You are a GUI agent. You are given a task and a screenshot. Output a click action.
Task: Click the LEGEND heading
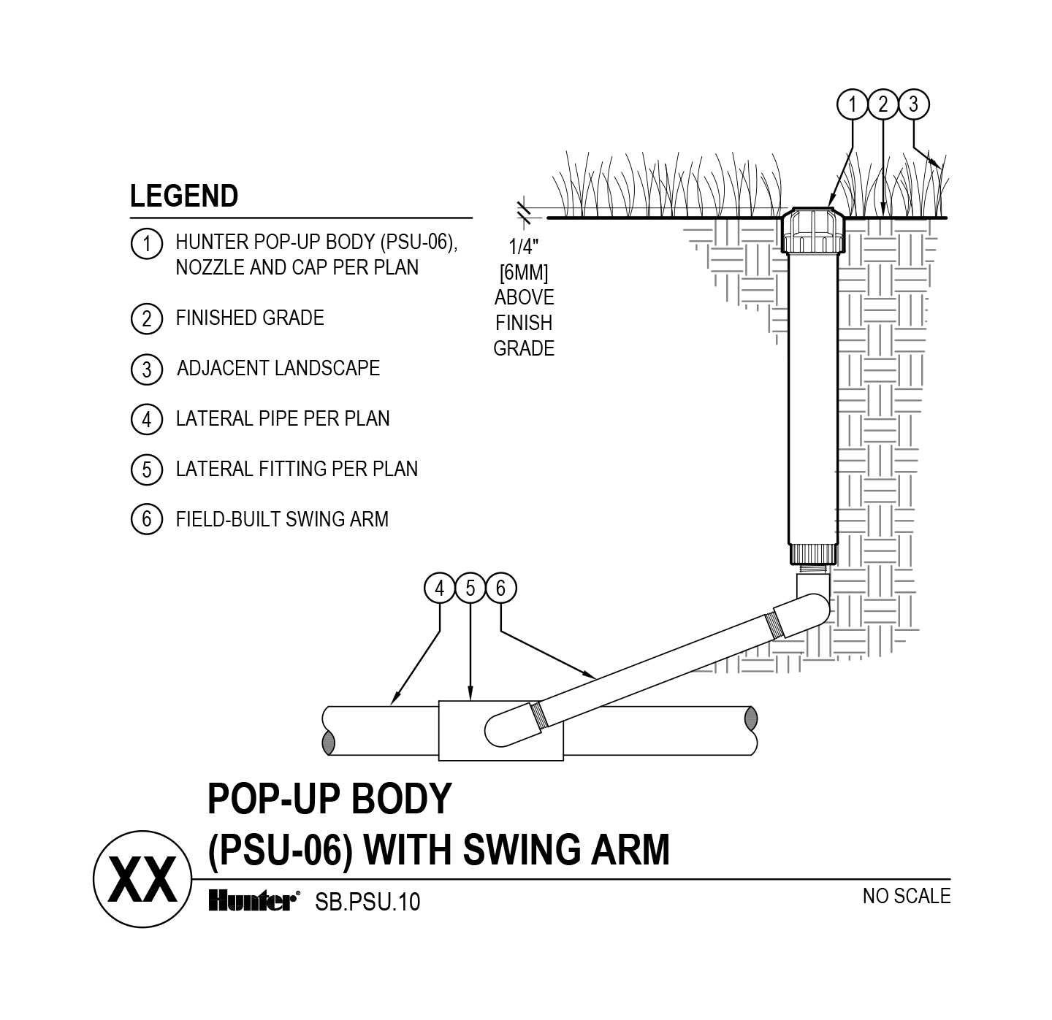[184, 196]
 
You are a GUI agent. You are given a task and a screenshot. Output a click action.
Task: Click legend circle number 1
[146, 243]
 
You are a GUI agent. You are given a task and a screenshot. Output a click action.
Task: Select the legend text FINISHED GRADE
[250, 318]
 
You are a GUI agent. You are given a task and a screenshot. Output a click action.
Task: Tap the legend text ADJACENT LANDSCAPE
[278, 368]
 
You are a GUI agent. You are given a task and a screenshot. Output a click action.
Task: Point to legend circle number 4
[146, 419]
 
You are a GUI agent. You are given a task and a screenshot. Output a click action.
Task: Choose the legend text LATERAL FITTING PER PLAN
[297, 469]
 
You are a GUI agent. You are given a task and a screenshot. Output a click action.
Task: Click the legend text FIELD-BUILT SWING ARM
[282, 519]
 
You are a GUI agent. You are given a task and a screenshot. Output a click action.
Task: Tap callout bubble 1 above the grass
[853, 104]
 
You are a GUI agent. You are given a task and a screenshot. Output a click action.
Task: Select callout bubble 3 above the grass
[913, 104]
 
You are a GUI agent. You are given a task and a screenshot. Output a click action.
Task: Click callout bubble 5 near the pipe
[470, 588]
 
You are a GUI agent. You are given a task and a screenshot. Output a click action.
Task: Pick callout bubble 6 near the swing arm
[501, 588]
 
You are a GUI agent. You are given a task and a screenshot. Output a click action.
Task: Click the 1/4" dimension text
[523, 248]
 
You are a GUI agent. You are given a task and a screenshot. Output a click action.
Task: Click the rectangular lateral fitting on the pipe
[460, 730]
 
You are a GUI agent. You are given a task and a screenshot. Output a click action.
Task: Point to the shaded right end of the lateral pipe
[750, 721]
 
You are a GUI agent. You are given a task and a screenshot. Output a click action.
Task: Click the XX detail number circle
[142, 880]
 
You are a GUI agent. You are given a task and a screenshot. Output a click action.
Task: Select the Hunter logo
[252, 901]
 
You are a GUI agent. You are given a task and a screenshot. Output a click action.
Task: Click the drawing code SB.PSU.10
[367, 902]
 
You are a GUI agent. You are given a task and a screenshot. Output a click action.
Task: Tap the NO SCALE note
[907, 896]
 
